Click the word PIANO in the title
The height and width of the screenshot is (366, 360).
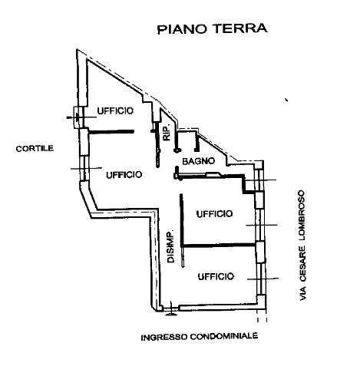tap(182, 29)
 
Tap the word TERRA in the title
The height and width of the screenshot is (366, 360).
tap(240, 28)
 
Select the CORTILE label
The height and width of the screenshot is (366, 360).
tap(35, 149)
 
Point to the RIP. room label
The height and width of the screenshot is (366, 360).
tap(167, 133)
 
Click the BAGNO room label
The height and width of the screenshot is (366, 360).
tap(199, 161)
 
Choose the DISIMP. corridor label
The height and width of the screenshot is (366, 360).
tap(170, 246)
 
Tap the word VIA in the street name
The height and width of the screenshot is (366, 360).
tap(302, 294)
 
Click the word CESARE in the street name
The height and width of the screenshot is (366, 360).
tap(302, 264)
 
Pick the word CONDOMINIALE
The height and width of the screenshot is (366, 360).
tap(224, 336)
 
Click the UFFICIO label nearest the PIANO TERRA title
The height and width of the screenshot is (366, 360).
tap(115, 110)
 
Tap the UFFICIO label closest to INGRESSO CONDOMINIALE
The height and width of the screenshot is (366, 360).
tap(216, 276)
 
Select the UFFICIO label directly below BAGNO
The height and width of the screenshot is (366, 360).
tap(214, 214)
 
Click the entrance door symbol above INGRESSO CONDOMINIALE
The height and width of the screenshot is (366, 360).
tap(171, 310)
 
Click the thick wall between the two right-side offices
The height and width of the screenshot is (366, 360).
tap(219, 246)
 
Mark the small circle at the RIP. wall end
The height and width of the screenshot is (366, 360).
tap(177, 150)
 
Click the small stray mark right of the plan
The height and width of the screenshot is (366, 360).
tap(286, 100)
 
